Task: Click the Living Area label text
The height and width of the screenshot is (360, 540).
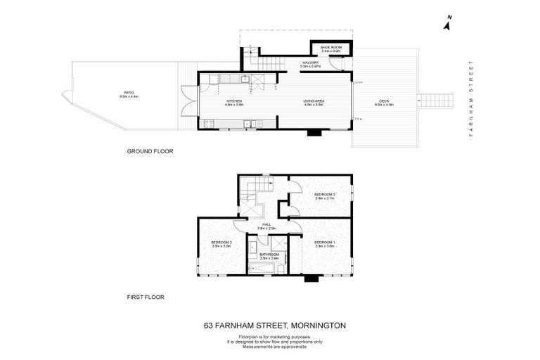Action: pos(313,103)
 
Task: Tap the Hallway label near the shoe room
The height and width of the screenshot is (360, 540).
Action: pos(311,65)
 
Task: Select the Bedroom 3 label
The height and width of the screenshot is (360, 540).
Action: pos(324,196)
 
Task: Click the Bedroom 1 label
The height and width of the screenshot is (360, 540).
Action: pos(325,244)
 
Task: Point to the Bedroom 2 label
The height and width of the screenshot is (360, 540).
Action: pos(221,244)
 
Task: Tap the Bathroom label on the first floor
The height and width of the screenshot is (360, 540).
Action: pos(269,256)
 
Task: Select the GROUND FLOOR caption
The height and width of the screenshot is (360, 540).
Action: pos(150,151)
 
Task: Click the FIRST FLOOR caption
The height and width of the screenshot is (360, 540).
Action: pos(146,297)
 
